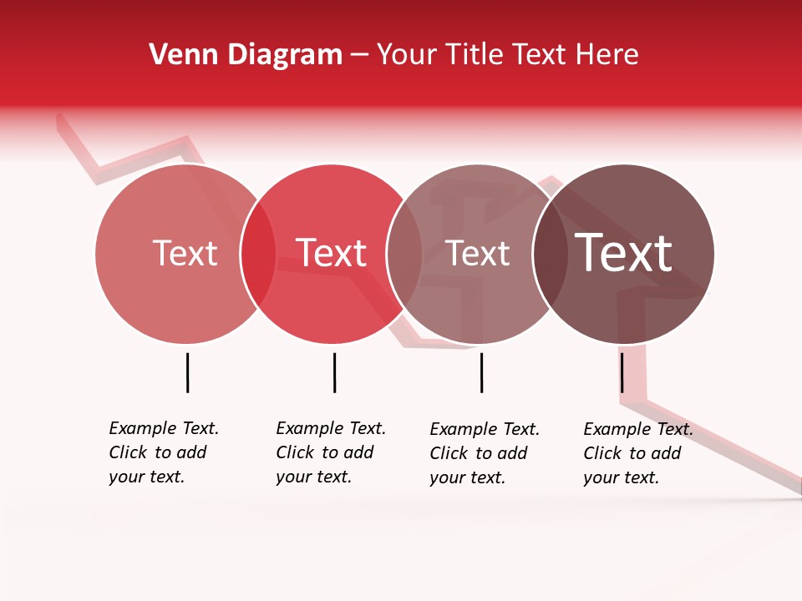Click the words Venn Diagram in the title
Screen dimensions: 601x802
pos(246,55)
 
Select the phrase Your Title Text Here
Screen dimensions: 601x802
pos(507,55)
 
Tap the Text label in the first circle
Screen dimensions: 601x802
pos(185,253)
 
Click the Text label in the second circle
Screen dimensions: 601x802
pos(332,253)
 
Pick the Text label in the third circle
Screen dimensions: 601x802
pos(478,254)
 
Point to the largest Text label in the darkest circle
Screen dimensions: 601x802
pos(624,253)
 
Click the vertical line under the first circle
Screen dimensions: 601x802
pos(187,372)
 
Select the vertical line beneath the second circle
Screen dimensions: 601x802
pos(334,372)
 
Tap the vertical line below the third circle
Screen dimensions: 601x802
pos(481,372)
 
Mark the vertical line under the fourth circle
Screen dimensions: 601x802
pos(622,372)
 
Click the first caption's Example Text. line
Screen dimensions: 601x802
pos(164,428)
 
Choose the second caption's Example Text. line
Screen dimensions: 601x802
pos(331,428)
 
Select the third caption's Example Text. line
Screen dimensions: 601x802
pos(485,429)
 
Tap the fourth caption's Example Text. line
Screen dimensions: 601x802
pos(638,429)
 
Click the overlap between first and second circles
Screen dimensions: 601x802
pos(258,254)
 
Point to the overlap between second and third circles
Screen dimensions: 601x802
pos(404,254)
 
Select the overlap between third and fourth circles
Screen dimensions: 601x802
pos(551,254)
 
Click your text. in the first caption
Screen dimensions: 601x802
pos(146,477)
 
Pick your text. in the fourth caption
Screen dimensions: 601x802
pos(621,477)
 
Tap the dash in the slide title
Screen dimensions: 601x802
pos(359,55)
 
